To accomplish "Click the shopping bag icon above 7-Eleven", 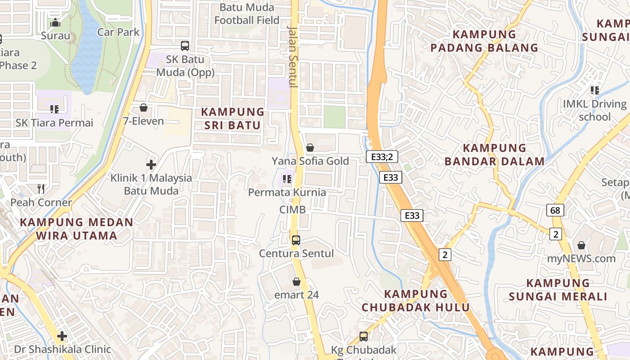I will click(x=144, y=108).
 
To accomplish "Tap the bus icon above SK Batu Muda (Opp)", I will click(x=185, y=45).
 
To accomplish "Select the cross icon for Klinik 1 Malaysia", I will click(x=151, y=165).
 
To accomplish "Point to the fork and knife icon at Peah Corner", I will click(x=41, y=189).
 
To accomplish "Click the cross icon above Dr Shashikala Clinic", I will click(x=62, y=336).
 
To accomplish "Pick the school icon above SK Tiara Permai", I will click(x=54, y=109).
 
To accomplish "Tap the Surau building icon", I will click(x=56, y=22).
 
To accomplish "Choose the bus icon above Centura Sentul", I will click(x=296, y=240).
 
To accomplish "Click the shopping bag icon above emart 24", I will click(x=297, y=282).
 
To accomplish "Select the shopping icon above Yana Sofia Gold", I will click(x=310, y=148).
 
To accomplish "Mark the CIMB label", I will click(x=292, y=210).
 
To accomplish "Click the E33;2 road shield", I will click(x=382, y=157).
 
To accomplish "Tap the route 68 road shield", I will click(x=556, y=210).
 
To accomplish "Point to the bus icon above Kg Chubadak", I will click(x=364, y=336).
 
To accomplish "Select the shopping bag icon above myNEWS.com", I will click(x=581, y=245).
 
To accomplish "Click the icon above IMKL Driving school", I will click(x=595, y=90).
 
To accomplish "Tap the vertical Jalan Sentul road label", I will click(x=293, y=56).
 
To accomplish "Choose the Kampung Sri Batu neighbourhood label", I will click(x=233, y=118).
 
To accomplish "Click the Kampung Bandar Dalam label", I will click(x=495, y=154).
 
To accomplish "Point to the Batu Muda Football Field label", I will click(x=247, y=14).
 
